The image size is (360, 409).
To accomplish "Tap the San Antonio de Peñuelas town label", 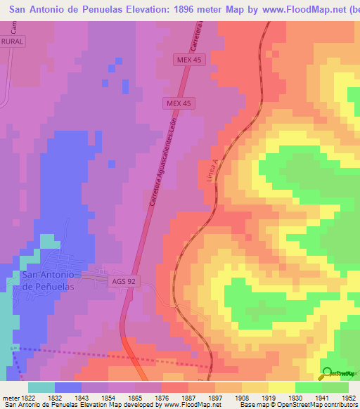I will (x=48, y=281).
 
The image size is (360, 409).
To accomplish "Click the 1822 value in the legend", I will (x=29, y=398).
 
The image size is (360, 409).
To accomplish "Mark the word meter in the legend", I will (x=10, y=398).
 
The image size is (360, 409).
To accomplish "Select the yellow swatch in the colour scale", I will (x=282, y=387).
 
